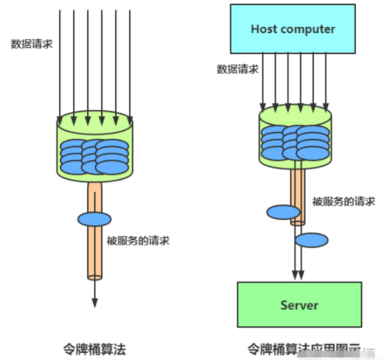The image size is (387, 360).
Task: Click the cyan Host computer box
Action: [292, 29]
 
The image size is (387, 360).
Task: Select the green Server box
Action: [299, 305]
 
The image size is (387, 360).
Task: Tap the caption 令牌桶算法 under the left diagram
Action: [94, 349]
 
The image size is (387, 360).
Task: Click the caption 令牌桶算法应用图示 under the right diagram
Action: [304, 349]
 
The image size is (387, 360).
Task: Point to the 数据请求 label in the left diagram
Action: [31, 44]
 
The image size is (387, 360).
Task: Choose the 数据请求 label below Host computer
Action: [237, 69]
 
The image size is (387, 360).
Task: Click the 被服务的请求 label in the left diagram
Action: [138, 241]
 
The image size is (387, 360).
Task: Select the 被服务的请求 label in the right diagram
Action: [343, 202]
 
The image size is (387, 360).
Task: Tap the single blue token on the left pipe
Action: [94, 219]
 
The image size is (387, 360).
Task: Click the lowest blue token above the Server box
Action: [312, 240]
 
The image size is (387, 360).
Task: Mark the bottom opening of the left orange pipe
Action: [95, 277]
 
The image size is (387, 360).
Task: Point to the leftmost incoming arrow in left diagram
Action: [59, 64]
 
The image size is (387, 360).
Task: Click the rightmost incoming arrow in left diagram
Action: [130, 64]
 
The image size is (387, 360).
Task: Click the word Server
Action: [299, 305]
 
